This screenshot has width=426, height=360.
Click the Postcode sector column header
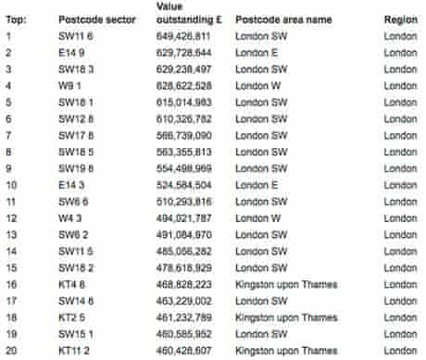[97, 19]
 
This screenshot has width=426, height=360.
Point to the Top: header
[16, 19]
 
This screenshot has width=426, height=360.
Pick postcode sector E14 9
[72, 54]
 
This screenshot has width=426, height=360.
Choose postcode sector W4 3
[70, 217]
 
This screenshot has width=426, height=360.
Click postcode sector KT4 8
[72, 283]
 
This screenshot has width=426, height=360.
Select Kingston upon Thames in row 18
[284, 317]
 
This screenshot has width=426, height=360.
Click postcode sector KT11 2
[77, 349]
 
